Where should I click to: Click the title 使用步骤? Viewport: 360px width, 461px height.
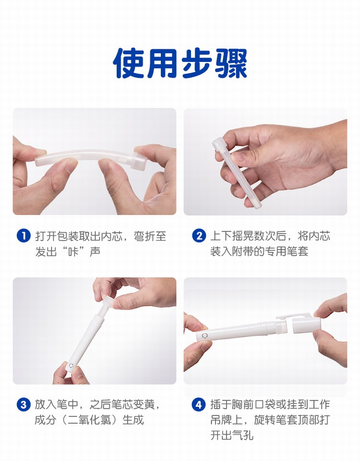click(x=180, y=63)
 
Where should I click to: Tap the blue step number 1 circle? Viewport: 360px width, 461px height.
click(x=24, y=236)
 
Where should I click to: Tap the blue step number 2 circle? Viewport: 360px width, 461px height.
click(x=199, y=236)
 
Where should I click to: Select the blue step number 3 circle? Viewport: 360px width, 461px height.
click(x=24, y=405)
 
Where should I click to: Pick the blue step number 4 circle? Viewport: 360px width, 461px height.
click(x=199, y=405)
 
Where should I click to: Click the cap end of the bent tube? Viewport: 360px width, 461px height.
click(x=139, y=161)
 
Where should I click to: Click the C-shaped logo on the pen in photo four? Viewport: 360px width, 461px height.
click(x=204, y=336)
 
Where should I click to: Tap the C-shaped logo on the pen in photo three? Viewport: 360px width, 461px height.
click(x=71, y=366)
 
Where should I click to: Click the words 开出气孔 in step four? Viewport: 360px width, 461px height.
click(x=232, y=435)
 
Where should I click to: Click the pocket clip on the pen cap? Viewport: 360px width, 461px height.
click(x=291, y=317)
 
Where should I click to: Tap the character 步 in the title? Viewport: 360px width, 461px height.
click(x=197, y=63)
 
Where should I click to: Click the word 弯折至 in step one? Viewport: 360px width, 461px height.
click(x=150, y=236)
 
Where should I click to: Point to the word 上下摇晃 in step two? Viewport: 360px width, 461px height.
click(x=232, y=236)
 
